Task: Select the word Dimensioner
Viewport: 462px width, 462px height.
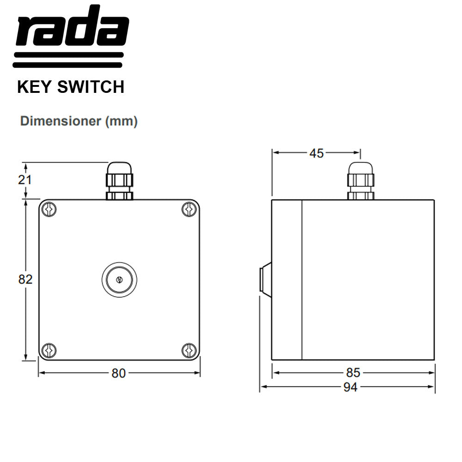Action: (61, 122)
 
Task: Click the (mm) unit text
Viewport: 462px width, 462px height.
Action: (122, 122)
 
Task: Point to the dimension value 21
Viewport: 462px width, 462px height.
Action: (24, 180)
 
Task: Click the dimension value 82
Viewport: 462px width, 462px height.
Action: (25, 279)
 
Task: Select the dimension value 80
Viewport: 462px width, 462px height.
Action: (118, 373)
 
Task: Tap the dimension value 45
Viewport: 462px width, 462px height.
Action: (316, 153)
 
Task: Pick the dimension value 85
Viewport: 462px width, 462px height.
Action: (353, 372)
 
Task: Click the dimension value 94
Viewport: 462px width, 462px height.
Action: (350, 387)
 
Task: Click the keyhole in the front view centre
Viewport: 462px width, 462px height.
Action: (119, 280)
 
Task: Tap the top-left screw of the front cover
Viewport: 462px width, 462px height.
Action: (49, 209)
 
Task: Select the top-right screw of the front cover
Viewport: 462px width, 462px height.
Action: (188, 209)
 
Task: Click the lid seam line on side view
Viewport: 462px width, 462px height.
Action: (302, 280)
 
